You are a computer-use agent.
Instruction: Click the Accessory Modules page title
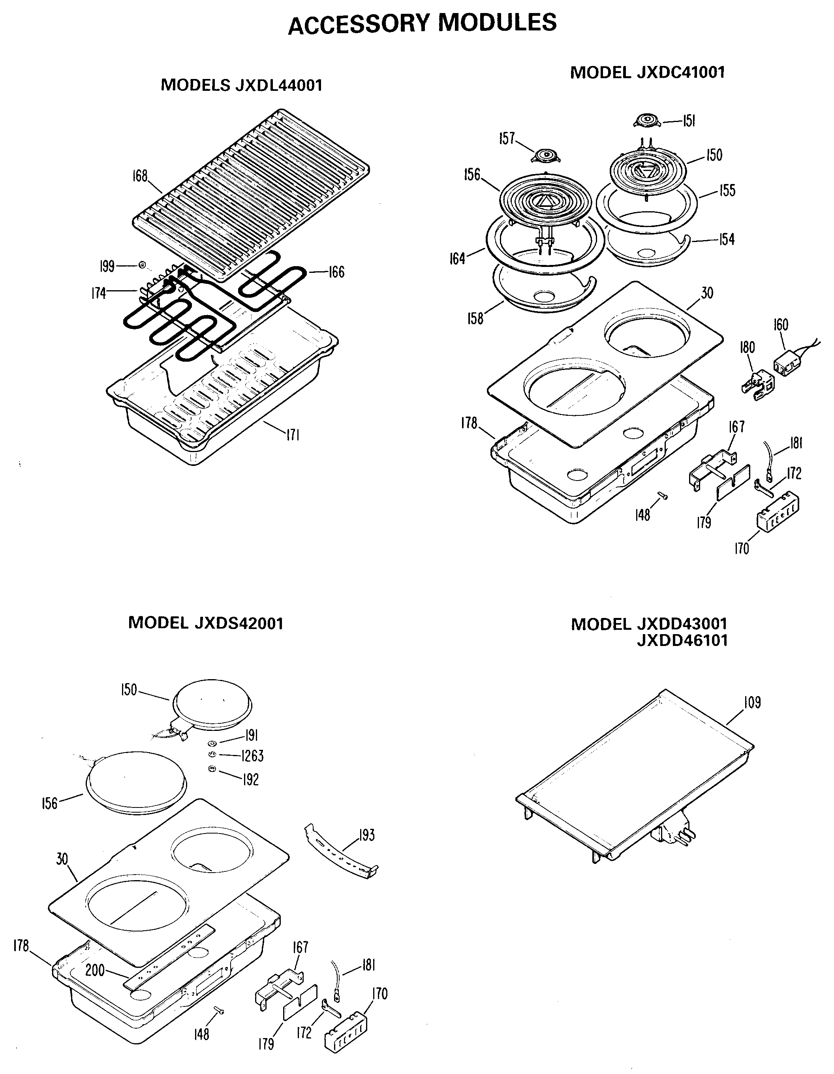[422, 24]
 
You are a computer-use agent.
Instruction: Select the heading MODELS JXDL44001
[241, 85]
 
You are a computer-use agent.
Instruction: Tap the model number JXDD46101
[682, 641]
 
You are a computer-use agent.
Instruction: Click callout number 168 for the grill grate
[140, 176]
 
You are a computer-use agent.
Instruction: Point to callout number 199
[107, 267]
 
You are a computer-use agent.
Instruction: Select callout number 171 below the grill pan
[293, 435]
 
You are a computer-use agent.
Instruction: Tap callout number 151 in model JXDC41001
[689, 121]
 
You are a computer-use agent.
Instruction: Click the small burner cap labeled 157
[546, 156]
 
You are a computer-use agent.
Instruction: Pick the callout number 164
[457, 258]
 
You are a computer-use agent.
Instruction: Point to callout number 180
[747, 347]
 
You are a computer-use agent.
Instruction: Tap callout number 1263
[252, 756]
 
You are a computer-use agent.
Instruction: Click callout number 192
[251, 779]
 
